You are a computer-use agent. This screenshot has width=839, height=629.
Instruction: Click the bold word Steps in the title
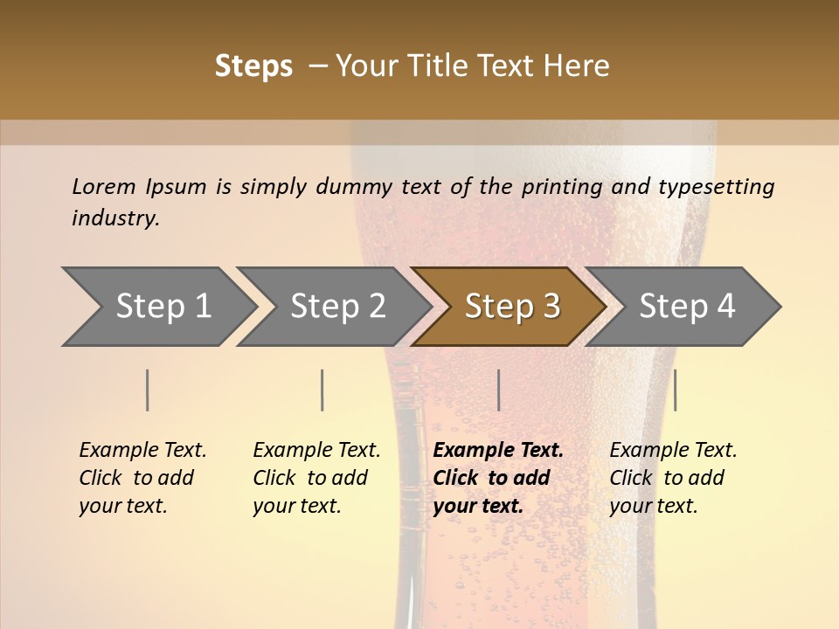[x=253, y=66]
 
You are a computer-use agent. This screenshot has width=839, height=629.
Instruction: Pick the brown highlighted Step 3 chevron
[x=512, y=306]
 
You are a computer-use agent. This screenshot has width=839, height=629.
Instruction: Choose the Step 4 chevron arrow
[x=687, y=306]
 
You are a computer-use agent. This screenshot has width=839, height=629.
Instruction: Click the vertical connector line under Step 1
[x=148, y=390]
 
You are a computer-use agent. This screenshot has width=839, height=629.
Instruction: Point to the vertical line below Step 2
[x=322, y=390]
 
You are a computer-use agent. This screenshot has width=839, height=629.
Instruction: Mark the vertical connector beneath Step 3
[x=499, y=390]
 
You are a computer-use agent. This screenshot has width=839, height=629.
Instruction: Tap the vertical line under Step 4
[x=676, y=390]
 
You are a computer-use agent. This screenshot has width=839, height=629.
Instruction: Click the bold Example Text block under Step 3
[x=497, y=478]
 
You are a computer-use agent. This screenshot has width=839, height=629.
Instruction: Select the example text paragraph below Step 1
[x=142, y=478]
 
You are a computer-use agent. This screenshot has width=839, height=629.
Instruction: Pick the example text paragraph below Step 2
[x=316, y=478]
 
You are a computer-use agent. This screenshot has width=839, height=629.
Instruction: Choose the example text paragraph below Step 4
[x=673, y=478]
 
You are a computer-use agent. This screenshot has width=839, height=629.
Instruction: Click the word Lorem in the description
[x=104, y=186]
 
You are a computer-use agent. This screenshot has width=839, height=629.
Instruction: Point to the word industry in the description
[x=115, y=218]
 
